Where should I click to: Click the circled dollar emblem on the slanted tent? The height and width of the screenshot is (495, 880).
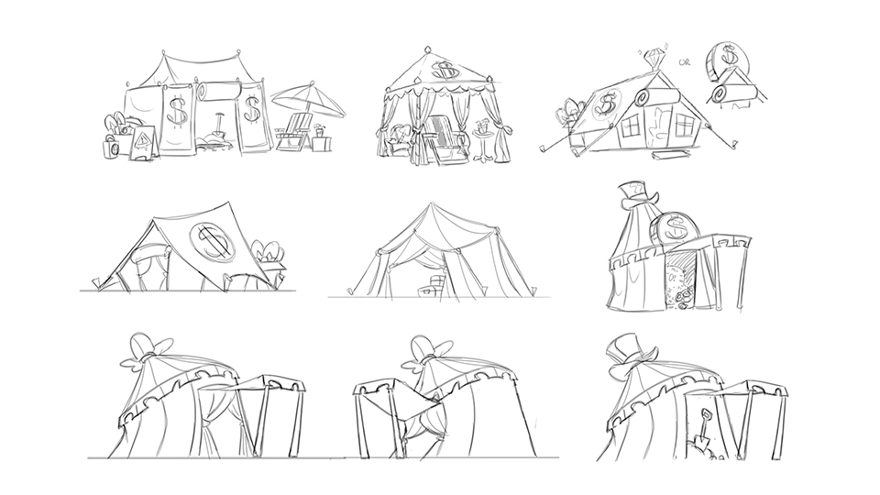click(214, 239)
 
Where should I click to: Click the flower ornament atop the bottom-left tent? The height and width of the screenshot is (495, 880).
click(149, 349)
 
